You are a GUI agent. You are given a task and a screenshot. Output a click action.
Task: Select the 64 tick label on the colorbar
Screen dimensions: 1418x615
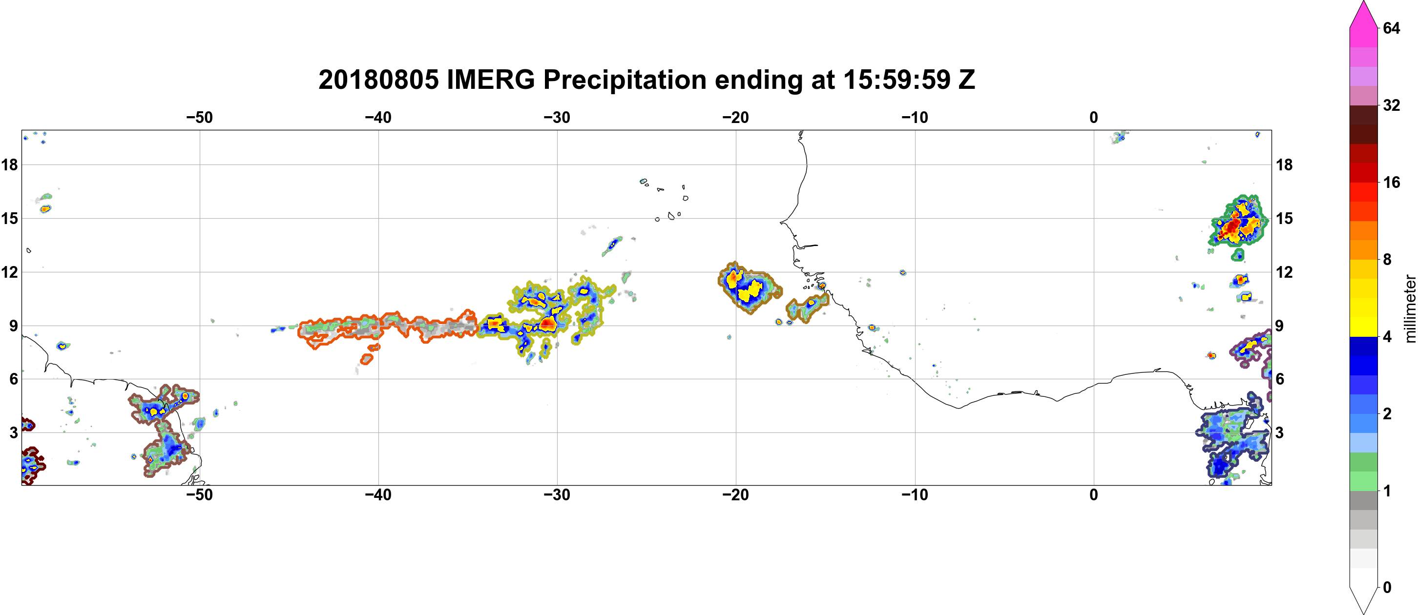pyautogui.click(x=1392, y=28)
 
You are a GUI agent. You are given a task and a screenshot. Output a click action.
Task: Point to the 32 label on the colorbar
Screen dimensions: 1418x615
pyautogui.click(x=1392, y=105)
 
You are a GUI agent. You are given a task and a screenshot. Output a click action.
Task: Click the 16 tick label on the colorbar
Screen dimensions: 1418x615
pyautogui.click(x=1392, y=182)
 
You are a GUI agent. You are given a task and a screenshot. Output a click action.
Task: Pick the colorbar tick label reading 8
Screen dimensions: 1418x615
pyautogui.click(x=1387, y=259)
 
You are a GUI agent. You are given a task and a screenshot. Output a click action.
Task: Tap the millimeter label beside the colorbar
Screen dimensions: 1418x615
pyautogui.click(x=1410, y=308)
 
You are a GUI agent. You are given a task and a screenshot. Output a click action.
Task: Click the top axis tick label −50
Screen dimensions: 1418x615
pyautogui.click(x=199, y=117)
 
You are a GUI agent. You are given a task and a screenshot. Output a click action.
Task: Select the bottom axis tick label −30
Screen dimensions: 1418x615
pyautogui.click(x=557, y=494)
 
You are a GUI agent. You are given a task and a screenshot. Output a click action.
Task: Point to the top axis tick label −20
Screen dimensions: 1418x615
pyautogui.click(x=736, y=117)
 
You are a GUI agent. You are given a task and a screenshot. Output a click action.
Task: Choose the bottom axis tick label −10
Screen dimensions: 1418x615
pyautogui.click(x=915, y=494)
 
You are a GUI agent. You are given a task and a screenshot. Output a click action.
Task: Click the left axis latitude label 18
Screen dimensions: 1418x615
pyautogui.click(x=9, y=164)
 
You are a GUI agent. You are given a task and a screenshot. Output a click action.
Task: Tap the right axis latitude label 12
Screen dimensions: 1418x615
pyautogui.click(x=1284, y=272)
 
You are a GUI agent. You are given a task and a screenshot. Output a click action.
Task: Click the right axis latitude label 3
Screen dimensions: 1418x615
pyautogui.click(x=1280, y=432)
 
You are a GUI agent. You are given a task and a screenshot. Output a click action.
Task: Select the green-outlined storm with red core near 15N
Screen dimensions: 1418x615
pyautogui.click(x=1238, y=223)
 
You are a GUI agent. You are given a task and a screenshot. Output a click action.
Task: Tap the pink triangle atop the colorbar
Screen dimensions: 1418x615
pyautogui.click(x=1363, y=14)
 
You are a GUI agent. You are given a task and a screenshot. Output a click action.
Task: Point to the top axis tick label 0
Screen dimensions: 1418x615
pyautogui.click(x=1094, y=117)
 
